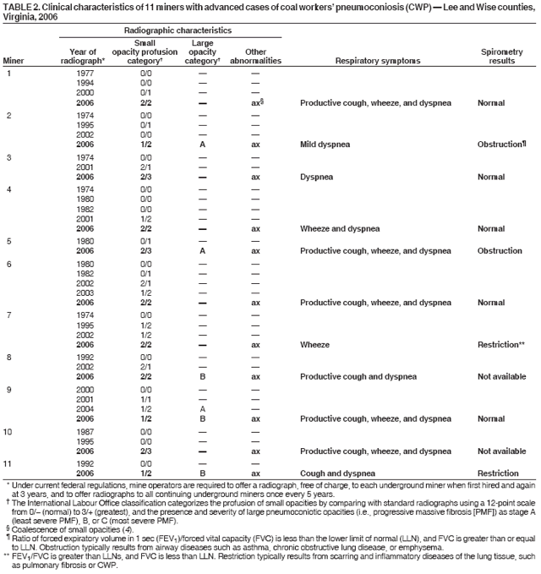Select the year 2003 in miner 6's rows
pos(85,292)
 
